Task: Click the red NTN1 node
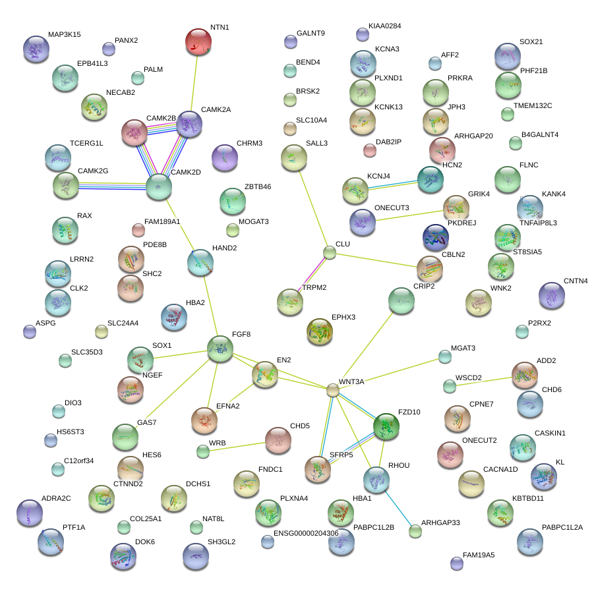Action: [198, 42]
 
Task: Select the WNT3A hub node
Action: [333, 390]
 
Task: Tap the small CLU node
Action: [330, 252]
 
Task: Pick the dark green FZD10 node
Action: [386, 427]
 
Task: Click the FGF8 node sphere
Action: [220, 349]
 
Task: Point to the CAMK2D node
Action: [158, 187]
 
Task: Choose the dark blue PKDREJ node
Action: [435, 238]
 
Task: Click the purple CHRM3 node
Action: [225, 157]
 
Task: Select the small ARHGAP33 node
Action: [415, 530]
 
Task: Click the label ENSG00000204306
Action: [306, 534]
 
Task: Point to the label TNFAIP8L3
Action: [538, 223]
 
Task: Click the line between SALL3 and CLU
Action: [314, 209]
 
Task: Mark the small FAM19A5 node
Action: [457, 563]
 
